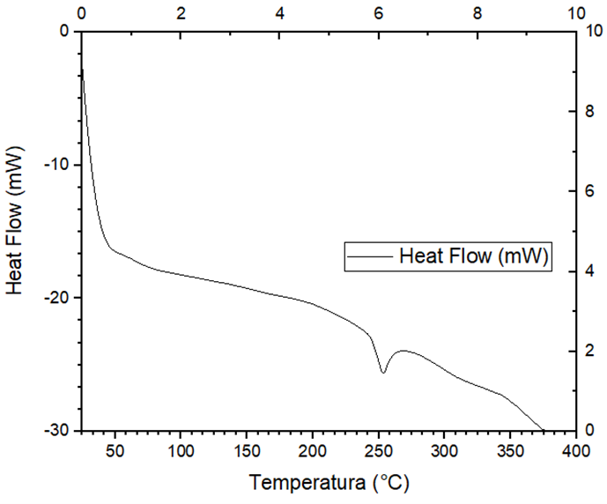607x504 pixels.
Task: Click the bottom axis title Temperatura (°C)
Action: (329, 483)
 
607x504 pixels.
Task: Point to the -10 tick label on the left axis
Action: (57, 165)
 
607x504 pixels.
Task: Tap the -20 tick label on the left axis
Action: (57, 298)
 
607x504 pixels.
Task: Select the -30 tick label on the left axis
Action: (57, 430)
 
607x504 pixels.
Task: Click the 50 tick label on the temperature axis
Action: (115, 452)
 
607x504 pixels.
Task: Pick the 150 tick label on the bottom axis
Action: (246, 452)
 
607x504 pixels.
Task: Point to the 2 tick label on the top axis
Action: (181, 14)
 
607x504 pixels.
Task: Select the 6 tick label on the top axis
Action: (379, 14)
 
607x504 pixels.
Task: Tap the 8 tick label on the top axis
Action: (477, 14)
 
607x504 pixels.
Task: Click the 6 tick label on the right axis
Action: (590, 191)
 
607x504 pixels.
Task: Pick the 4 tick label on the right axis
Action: (590, 271)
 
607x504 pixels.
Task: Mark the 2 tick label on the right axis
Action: (590, 351)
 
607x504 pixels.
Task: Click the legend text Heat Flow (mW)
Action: (475, 256)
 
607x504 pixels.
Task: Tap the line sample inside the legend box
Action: (371, 257)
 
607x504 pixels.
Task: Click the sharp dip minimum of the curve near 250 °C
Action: (383, 373)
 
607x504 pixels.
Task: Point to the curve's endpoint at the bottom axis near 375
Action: (543, 430)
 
